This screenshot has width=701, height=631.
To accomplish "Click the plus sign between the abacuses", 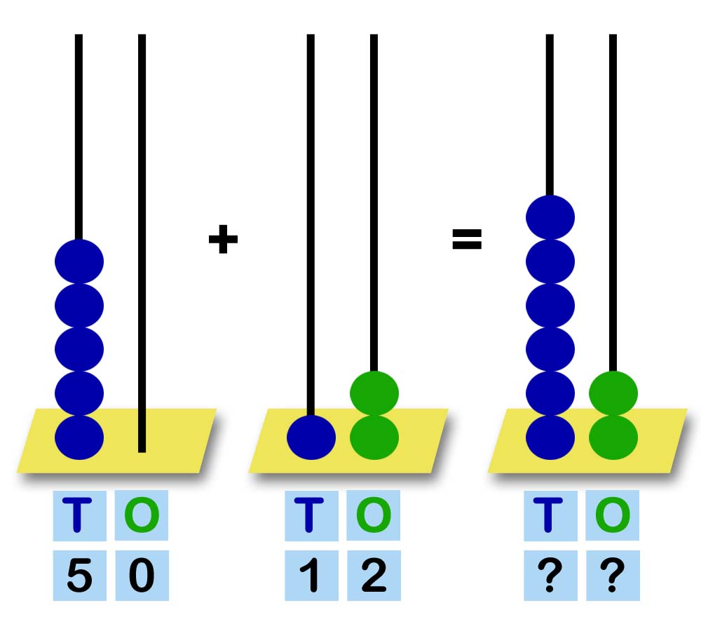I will (x=223, y=240).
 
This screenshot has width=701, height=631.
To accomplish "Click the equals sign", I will (x=467, y=240).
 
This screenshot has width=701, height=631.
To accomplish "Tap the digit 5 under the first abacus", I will (x=79, y=576).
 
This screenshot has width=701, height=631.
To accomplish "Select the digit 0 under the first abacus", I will (x=142, y=576).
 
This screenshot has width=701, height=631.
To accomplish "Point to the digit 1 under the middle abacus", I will (x=311, y=576).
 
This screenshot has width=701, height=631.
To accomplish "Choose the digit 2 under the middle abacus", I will (x=374, y=576).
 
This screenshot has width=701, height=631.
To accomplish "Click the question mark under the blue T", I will (x=550, y=576).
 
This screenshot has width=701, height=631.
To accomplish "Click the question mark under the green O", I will (x=613, y=576).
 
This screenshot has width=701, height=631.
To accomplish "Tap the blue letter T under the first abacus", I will (x=79, y=515).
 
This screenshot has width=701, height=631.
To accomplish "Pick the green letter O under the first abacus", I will (x=142, y=515).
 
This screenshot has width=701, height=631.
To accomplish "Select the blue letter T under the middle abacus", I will (x=311, y=515).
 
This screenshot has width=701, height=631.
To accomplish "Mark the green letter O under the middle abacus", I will (x=374, y=515).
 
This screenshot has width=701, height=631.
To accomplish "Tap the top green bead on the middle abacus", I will (x=374, y=393).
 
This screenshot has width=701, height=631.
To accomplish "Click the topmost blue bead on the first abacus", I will (x=79, y=262).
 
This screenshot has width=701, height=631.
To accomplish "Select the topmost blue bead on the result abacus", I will (x=550, y=217).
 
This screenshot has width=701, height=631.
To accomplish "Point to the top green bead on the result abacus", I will (x=613, y=393).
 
